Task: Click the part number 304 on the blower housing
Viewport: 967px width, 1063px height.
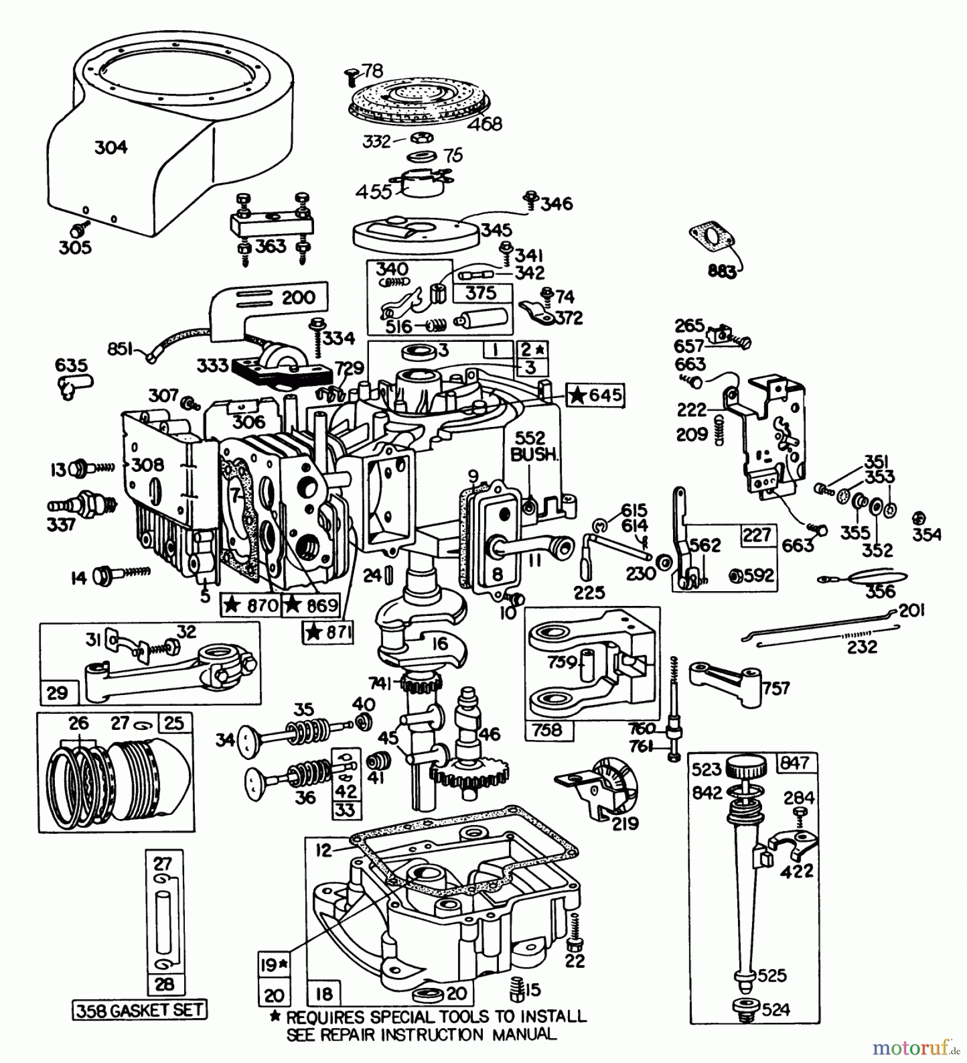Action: [111, 147]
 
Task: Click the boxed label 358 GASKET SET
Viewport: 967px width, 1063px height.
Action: [140, 1010]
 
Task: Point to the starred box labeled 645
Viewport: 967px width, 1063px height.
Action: [596, 394]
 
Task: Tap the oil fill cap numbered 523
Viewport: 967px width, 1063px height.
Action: [747, 768]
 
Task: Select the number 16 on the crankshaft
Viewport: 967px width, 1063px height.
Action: [440, 643]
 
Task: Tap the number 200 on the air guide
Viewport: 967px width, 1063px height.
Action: [299, 296]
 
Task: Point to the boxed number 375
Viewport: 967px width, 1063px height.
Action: [481, 294]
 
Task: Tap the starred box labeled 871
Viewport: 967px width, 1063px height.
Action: [328, 633]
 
